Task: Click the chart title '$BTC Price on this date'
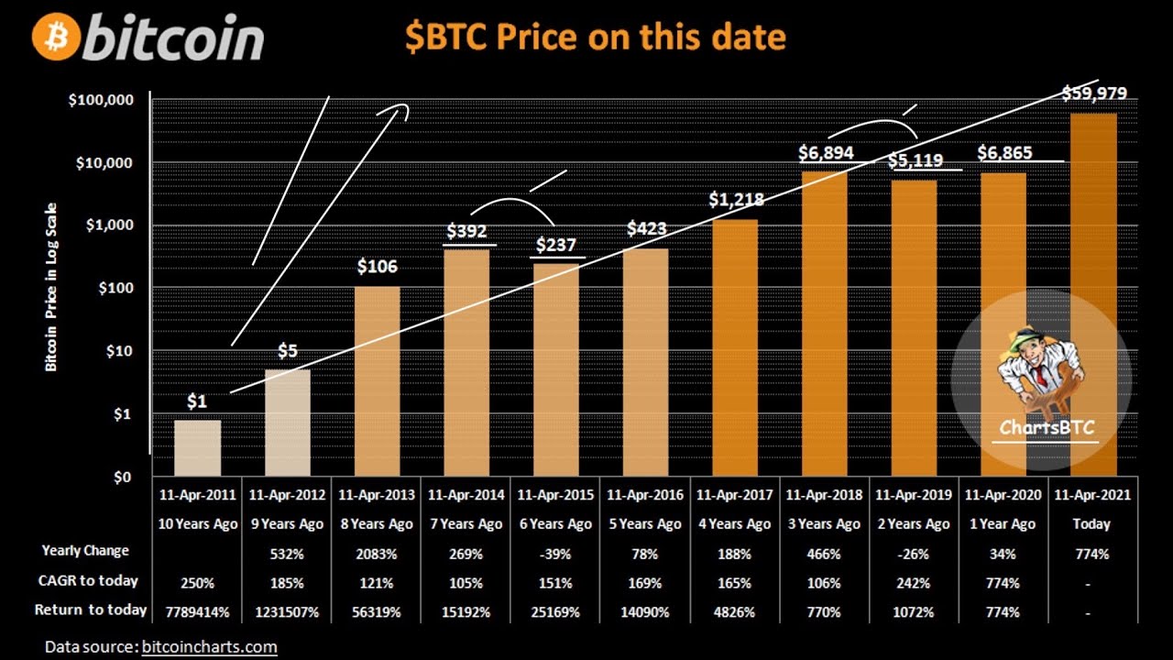coord(595,37)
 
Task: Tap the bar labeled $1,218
coord(735,348)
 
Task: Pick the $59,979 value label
coord(1094,93)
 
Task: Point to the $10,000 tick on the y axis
coord(103,163)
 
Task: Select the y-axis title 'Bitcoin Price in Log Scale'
coord(51,286)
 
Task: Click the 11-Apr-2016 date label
coord(645,495)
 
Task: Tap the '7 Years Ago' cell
coord(466,524)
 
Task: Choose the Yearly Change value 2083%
coord(376,554)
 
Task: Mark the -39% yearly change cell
coord(555,554)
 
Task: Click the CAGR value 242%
coord(915,582)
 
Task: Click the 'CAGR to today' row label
coord(89,580)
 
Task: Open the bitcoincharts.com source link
coord(209,647)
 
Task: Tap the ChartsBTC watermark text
coord(1046,426)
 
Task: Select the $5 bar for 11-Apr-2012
coord(287,422)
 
